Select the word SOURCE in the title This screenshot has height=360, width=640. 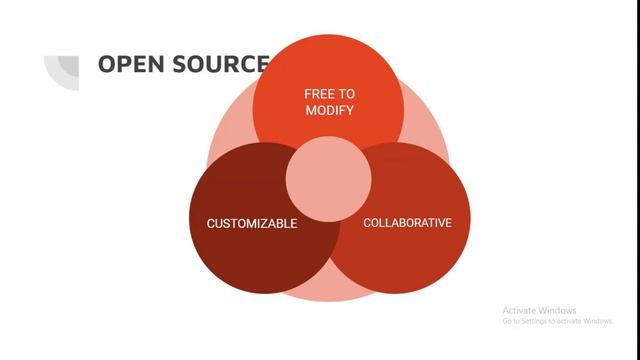[218, 65]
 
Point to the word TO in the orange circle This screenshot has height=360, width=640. [346, 94]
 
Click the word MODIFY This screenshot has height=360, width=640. [330, 110]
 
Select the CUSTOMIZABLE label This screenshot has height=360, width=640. [252, 223]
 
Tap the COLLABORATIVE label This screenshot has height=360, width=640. [407, 222]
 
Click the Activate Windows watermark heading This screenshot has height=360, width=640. [540, 310]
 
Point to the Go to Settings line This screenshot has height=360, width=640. [557, 321]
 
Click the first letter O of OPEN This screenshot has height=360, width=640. [107, 65]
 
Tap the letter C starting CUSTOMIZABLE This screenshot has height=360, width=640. [211, 223]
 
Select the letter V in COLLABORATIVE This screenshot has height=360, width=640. [438, 222]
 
